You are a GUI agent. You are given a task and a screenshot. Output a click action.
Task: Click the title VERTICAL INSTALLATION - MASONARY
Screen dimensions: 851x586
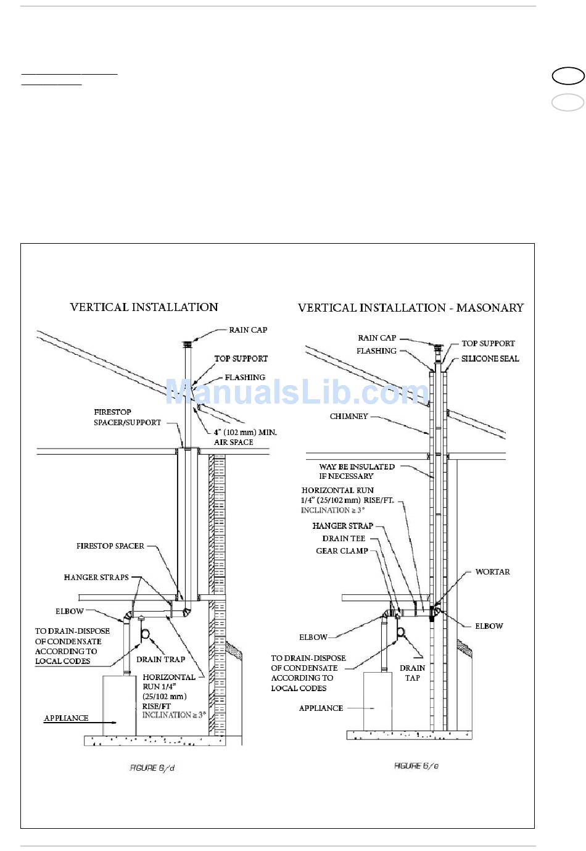click(411, 307)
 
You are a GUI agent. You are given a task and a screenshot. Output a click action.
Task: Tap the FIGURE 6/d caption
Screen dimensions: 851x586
click(152, 768)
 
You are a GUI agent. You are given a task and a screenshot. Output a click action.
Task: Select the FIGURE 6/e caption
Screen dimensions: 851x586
click(416, 766)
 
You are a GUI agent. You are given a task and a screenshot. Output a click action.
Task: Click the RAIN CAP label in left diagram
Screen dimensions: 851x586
click(248, 330)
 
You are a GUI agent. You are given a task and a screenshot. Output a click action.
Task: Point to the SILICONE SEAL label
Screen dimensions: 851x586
click(490, 359)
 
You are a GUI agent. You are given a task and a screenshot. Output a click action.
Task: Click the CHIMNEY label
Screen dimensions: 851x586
click(349, 417)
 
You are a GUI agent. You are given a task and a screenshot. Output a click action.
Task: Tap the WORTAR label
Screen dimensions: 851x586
click(492, 572)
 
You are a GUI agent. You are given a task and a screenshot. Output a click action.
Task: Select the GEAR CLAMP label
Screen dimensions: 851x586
click(342, 550)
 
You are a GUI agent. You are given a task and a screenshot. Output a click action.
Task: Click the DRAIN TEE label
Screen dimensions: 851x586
click(344, 538)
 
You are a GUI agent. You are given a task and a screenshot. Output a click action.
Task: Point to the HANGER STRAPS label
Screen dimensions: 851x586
click(96, 578)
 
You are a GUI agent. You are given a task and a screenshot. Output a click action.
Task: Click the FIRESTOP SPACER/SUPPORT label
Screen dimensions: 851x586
click(127, 417)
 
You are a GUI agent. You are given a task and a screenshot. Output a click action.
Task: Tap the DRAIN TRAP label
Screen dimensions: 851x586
click(160, 659)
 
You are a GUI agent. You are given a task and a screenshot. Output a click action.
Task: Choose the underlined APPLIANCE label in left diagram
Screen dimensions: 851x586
click(66, 718)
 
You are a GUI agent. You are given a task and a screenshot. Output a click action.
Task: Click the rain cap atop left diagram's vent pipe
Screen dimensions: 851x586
click(186, 344)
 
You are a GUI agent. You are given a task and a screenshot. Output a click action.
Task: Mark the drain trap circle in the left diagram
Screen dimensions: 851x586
click(147, 634)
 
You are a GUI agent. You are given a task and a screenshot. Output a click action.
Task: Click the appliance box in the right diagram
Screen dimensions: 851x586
click(378, 701)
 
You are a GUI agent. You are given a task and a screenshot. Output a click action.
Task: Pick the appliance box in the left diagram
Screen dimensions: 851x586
click(119, 705)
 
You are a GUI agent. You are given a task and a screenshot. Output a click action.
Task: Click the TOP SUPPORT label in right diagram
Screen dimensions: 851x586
click(488, 343)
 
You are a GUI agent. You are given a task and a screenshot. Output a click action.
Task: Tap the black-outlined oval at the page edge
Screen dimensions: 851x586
click(567, 76)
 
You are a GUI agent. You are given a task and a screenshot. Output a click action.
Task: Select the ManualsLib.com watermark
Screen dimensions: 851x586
click(297, 392)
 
